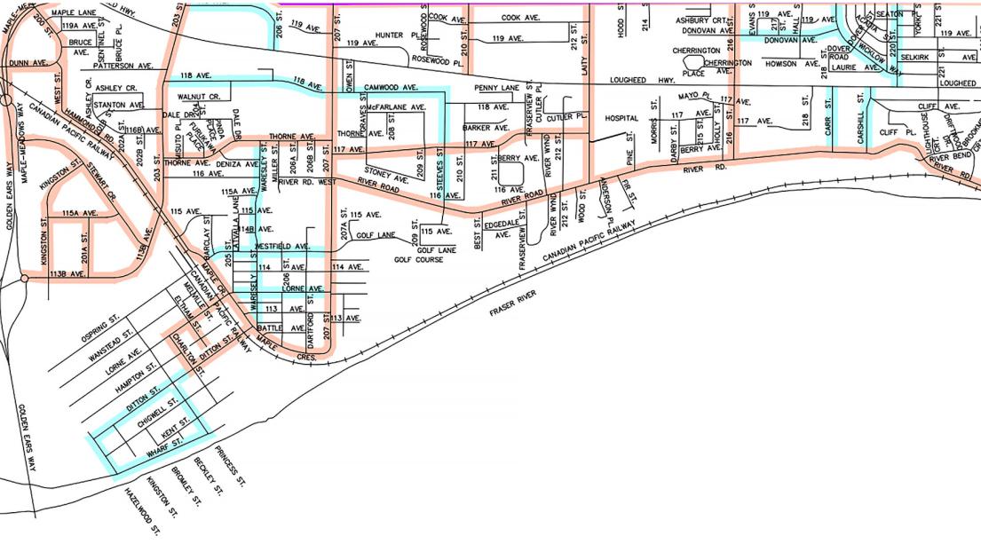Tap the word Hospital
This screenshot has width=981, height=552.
tap(621, 118)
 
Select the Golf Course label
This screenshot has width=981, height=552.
tap(418, 260)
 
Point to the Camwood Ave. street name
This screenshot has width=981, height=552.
tap(392, 88)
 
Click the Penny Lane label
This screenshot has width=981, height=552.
tap(496, 89)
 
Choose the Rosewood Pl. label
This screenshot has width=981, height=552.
tap(439, 64)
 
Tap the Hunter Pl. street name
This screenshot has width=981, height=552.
tap(389, 35)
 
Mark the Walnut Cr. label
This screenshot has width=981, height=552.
tap(198, 96)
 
